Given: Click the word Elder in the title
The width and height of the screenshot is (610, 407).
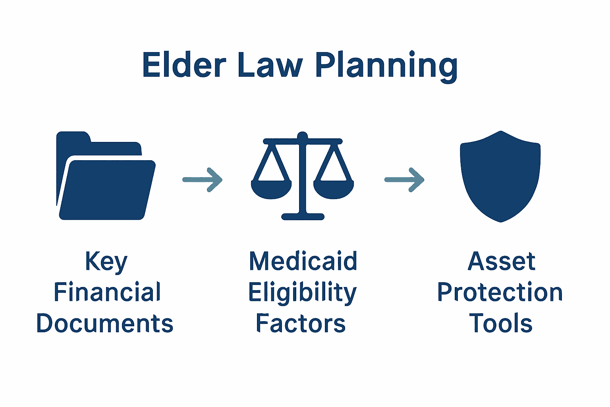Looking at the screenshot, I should tap(184, 65).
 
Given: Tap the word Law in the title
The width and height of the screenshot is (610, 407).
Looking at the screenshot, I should tap(270, 65).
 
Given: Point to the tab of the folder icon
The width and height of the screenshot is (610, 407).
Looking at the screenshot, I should tap(73, 138).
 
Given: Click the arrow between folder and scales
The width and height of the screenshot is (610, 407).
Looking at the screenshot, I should tap(203, 180).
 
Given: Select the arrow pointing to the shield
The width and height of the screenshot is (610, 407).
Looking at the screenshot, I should tap(404, 180).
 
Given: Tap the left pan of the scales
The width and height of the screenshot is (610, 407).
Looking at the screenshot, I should tap(271, 189).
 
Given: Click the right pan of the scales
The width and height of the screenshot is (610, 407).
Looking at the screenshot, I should tap(334, 189).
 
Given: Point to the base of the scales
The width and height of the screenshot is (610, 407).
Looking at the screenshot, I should tap(303, 217).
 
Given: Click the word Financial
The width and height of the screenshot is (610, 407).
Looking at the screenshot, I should tap(107, 292).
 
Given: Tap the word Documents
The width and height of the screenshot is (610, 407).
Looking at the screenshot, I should tap(105, 323).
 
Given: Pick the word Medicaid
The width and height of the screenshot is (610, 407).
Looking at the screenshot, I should tap(303, 261).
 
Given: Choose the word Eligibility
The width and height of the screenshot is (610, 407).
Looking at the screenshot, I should tap(302, 293).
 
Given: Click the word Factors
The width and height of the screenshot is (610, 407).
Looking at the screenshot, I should tap(301, 323).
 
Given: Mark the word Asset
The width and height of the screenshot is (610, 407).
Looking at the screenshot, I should tap(502, 262).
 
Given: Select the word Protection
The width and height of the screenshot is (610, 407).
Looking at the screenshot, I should tap(500, 292).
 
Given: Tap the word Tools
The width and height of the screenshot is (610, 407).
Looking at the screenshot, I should tap(500, 323).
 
